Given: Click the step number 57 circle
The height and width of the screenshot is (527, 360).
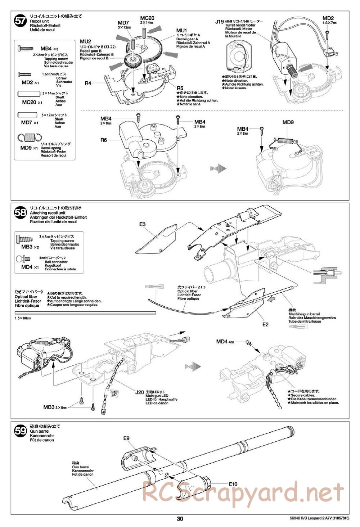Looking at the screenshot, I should coord(20,21).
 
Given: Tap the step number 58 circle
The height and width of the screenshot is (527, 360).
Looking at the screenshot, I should coord(20,212).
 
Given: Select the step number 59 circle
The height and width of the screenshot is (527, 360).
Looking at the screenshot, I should coord(20,431).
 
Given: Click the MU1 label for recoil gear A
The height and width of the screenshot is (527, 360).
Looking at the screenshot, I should coord(181,31).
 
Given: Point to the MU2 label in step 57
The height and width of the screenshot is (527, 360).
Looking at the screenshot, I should coord(86,42).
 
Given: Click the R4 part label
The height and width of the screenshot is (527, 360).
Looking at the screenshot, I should coord(88,83).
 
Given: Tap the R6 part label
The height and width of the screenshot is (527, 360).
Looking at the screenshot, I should coord(104,140).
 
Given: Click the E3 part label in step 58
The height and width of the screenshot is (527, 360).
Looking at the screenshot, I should coord(143,225).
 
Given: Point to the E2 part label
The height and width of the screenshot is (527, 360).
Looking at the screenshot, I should coord(266,324).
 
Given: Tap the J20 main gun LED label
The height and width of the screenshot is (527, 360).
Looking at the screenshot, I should coord(139,392).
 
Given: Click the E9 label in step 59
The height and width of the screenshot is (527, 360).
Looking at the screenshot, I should coord(126,438).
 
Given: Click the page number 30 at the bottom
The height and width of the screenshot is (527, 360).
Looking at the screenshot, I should coord(180,519).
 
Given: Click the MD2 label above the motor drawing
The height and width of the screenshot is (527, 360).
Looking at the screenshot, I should coord(328,18).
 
